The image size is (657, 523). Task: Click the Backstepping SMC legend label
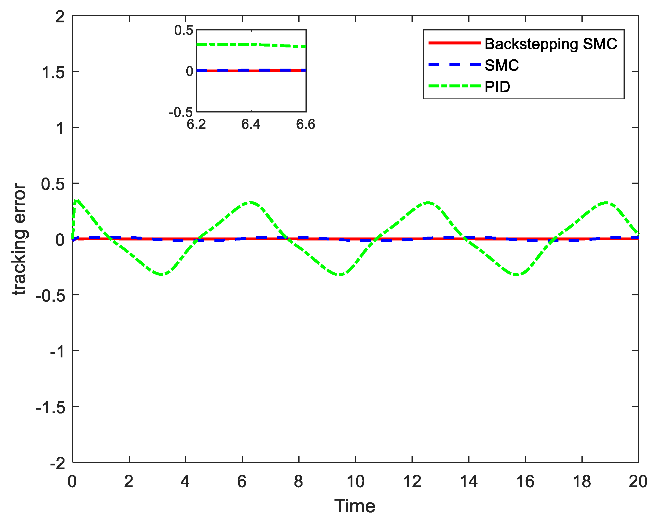551,44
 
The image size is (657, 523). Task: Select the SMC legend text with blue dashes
502,65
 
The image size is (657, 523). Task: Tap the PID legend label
497,87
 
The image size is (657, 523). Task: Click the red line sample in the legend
454,43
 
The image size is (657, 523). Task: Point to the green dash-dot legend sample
454,86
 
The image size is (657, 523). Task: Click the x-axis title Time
355,506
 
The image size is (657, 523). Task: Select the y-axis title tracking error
20,239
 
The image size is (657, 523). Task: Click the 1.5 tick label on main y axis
53,72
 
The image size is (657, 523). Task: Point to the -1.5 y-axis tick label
50,407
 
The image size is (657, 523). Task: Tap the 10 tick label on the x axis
355,482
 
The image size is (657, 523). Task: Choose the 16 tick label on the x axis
525,482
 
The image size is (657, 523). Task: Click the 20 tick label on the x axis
638,482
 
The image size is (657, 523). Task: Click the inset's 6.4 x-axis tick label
251,124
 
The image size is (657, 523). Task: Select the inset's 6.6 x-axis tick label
306,124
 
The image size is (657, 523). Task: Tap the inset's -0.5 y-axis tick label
181,113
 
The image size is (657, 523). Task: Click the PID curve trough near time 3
162,274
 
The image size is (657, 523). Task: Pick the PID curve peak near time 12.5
428,203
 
